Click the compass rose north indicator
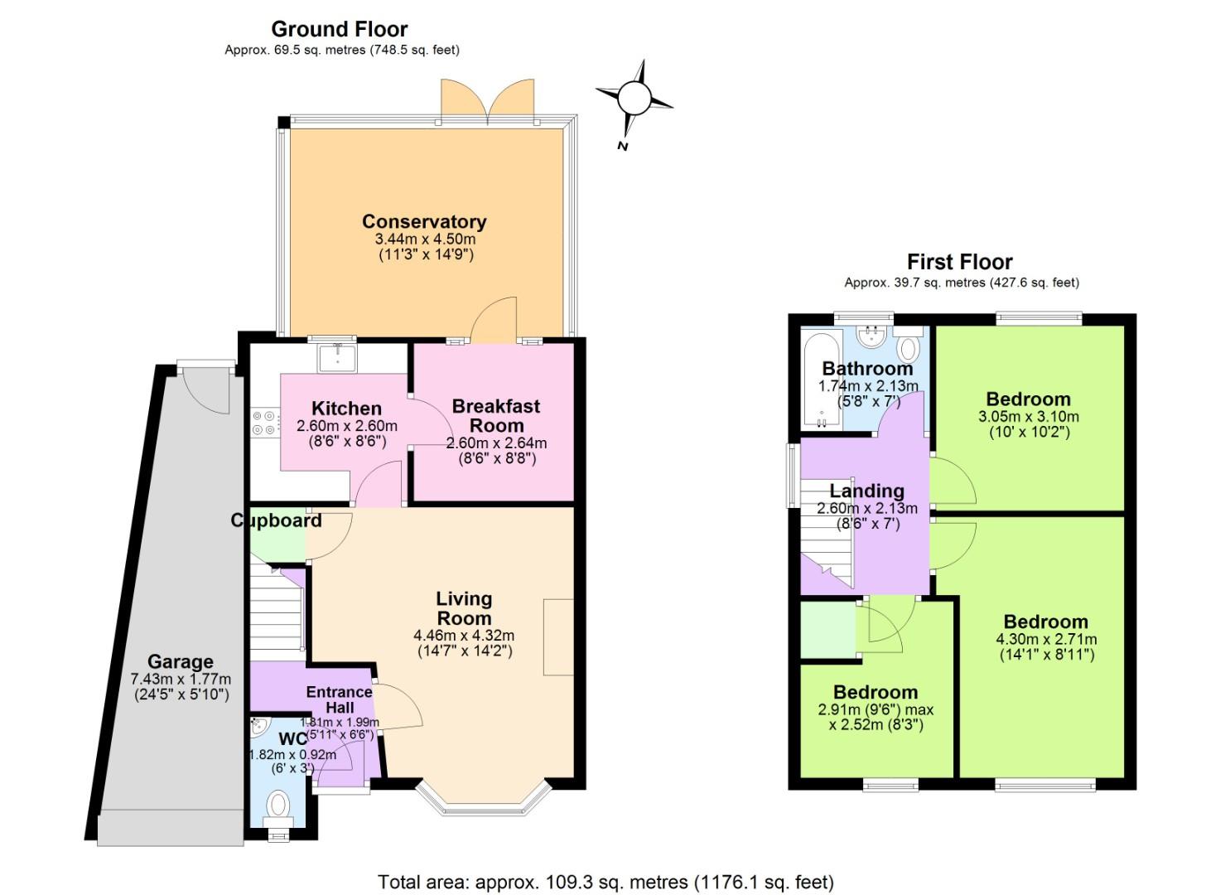[634, 99]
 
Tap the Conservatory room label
[423, 222]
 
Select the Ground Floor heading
[340, 29]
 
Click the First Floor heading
[959, 262]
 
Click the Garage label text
[181, 662]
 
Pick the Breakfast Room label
[496, 415]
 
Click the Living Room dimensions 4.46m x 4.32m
[464, 636]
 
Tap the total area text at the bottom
[605, 882]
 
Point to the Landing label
[866, 491]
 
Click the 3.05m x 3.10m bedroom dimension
[1028, 417]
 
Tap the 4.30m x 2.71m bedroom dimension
[1045, 640]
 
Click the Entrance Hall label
[339, 699]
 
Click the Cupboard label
[276, 520]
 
